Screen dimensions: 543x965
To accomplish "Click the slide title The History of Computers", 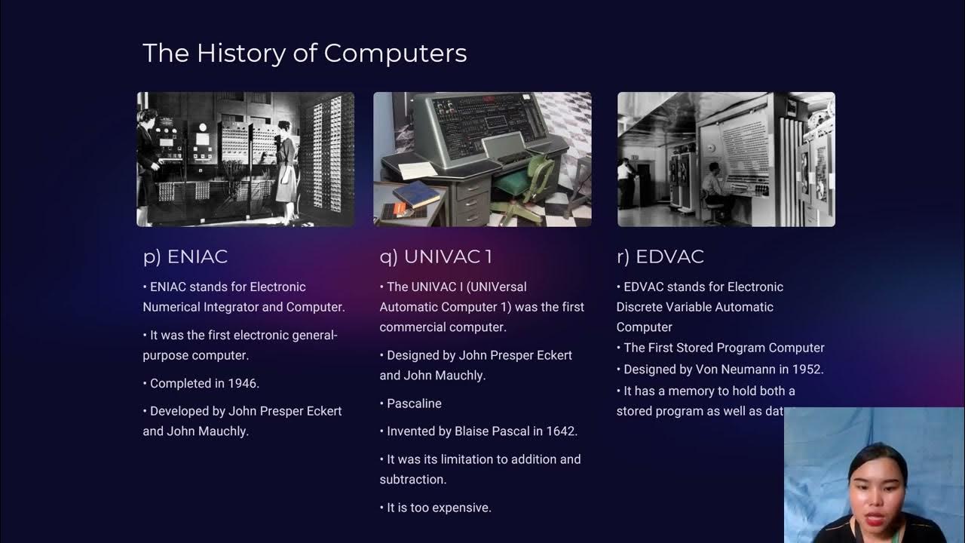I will tap(305, 54).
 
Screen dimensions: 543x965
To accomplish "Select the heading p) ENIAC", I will tap(185, 256).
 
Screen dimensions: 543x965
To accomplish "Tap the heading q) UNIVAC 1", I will tap(436, 256).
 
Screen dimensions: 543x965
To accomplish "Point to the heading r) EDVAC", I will tap(660, 256).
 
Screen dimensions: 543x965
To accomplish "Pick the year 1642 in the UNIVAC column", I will tap(561, 431).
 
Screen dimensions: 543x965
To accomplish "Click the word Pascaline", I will tap(414, 403).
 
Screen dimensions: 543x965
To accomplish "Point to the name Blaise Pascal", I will tap(489, 431).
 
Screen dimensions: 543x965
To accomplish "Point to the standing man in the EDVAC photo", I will tap(626, 181).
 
